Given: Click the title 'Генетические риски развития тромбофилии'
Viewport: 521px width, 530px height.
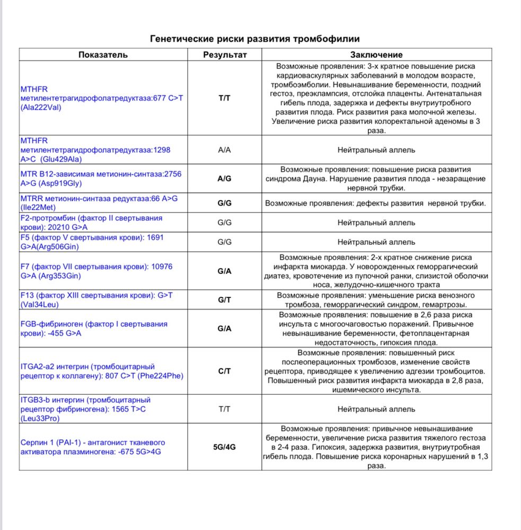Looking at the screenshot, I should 255,39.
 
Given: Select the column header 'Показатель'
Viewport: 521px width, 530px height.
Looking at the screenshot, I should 103,55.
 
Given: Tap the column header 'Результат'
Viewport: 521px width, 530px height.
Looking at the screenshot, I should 225,55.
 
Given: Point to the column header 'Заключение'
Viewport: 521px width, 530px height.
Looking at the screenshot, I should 376,55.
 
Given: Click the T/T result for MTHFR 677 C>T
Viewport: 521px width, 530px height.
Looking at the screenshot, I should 225,99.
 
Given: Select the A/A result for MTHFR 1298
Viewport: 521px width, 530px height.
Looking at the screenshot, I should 225,150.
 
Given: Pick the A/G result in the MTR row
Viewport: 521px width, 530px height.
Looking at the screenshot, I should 225,179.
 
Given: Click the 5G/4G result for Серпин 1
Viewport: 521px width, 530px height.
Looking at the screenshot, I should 225,447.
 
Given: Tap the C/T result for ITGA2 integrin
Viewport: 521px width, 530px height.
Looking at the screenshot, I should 225,371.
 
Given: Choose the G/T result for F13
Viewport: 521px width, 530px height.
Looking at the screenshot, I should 225,300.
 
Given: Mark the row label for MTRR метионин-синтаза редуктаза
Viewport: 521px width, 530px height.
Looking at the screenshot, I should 99,203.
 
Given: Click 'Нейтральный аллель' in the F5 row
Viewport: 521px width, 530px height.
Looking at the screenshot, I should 376,242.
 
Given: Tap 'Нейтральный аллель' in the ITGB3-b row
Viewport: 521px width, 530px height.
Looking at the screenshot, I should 376,409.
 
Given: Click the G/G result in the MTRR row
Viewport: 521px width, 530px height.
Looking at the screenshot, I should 225,203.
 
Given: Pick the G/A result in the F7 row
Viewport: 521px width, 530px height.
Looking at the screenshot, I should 225,271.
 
